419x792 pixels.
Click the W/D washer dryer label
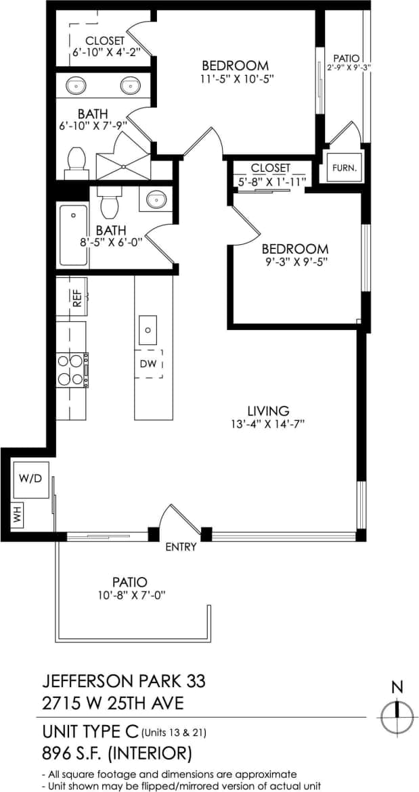[30, 479]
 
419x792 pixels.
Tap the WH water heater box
[17, 515]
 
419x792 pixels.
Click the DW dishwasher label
[148, 364]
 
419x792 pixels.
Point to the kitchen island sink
[148, 331]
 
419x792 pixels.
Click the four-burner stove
[72, 369]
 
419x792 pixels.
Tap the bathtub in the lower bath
[73, 235]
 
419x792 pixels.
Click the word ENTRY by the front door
[181, 547]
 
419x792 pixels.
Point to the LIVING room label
[268, 411]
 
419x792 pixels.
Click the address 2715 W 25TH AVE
[112, 703]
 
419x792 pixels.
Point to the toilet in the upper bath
[76, 160]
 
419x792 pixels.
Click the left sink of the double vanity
[74, 85]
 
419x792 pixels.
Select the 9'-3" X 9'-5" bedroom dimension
[296, 262]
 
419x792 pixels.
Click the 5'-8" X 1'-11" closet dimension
[270, 181]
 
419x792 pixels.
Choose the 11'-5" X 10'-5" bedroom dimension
[235, 78]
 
